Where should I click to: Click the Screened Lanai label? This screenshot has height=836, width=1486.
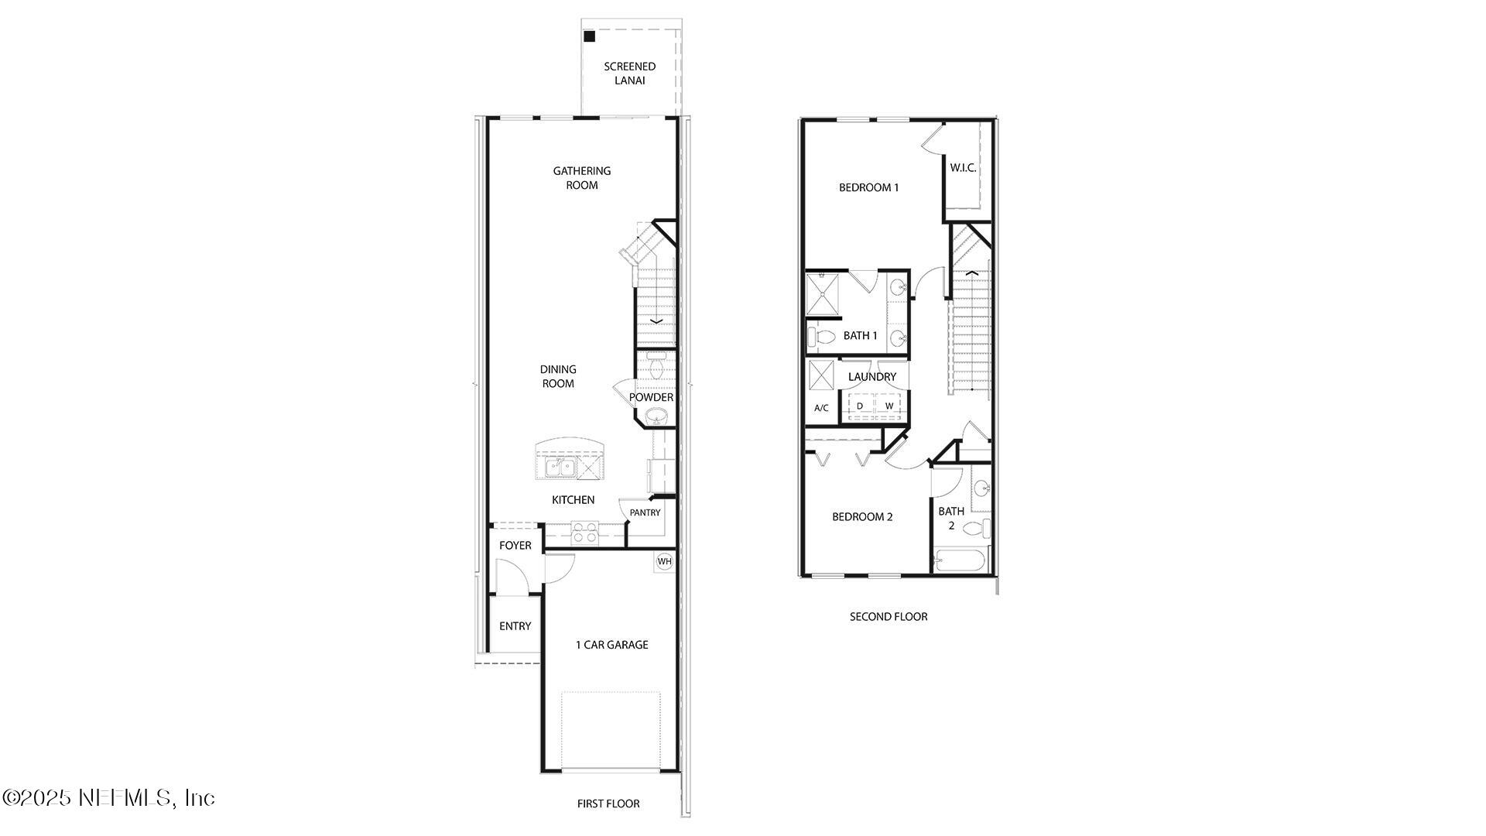point(629,74)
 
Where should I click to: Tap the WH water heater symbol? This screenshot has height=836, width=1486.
point(664,561)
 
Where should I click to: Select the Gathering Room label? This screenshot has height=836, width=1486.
point(581,178)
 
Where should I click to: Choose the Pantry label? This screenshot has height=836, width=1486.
point(645,512)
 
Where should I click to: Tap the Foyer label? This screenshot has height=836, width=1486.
point(515,546)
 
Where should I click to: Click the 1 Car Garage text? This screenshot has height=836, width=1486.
point(611,645)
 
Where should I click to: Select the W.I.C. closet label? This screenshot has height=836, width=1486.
point(963,168)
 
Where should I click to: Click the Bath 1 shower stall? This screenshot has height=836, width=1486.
point(823,294)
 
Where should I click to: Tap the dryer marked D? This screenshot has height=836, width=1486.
point(860,406)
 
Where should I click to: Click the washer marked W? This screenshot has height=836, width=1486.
point(889,406)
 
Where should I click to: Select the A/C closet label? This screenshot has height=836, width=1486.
point(821,408)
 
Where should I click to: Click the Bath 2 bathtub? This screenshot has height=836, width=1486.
point(961,560)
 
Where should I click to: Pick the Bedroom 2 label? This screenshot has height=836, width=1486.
point(862,517)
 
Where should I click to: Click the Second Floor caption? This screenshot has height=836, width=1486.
point(889,617)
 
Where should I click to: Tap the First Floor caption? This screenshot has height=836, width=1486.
point(608,804)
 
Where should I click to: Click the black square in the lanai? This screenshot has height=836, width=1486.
point(590,36)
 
